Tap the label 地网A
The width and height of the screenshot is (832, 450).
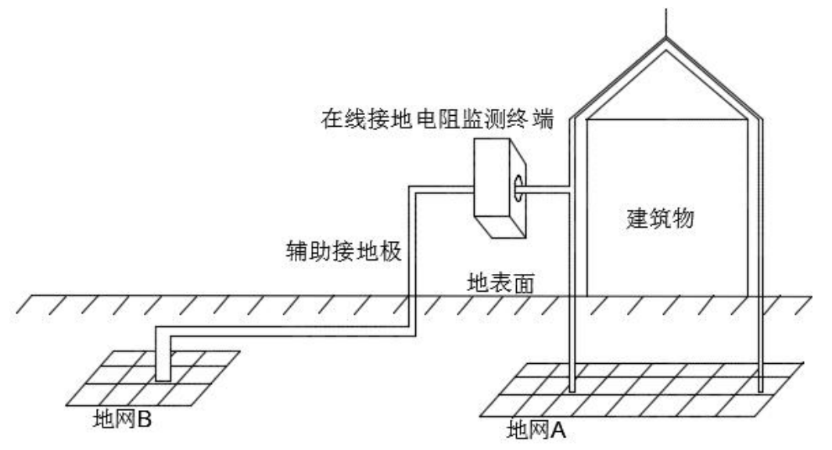point(536,430)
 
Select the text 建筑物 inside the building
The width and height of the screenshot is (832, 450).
point(660,219)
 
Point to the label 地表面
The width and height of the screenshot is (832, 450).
point(500,283)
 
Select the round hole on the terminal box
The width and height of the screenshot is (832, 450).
point(519,185)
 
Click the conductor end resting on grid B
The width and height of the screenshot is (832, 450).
point(163,376)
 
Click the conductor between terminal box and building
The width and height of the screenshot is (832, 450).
point(548,189)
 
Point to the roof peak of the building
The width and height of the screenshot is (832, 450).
point(665,43)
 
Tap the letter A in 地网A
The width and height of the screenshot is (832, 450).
point(558,430)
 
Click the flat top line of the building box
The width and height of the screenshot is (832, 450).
point(665,119)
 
